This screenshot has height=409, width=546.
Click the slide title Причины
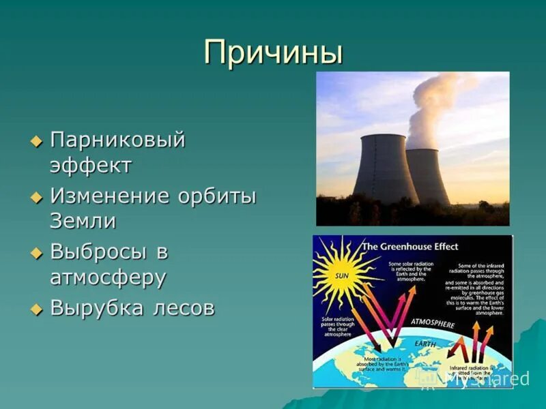point(273,52)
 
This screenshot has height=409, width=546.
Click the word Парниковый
point(117,141)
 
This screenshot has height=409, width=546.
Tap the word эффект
point(91,166)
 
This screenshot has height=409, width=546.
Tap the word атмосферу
point(108,277)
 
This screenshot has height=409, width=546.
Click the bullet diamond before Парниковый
point(37,142)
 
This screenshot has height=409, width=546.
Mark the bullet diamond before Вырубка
point(37,309)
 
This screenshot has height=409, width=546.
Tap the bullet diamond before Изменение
point(37,197)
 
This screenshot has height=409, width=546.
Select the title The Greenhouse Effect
point(410,246)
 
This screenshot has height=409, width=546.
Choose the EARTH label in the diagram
point(424,344)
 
